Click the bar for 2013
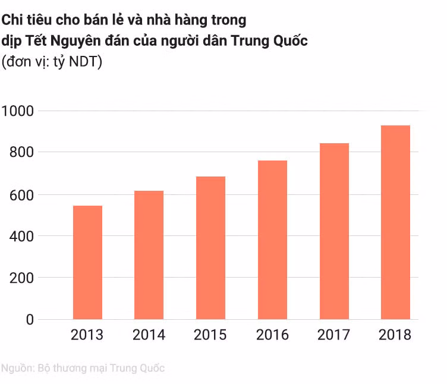(87, 262)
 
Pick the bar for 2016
(272, 240)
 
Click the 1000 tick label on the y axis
(20, 111)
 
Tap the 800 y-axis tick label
(23, 153)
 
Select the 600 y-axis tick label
(23, 194)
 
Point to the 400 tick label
(23, 236)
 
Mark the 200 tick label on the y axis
(23, 278)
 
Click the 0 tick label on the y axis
(30, 320)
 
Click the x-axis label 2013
(87, 335)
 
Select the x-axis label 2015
(210, 335)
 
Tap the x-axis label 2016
(272, 335)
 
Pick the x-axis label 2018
(395, 335)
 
